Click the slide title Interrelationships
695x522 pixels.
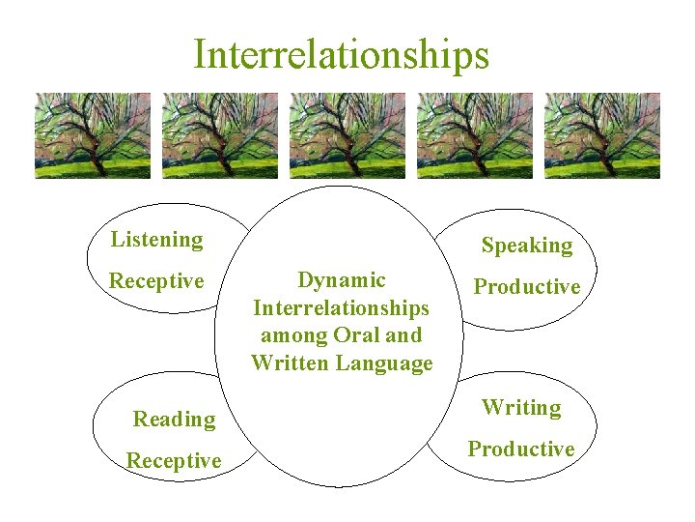coord(341,54)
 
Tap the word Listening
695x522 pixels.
coord(156,240)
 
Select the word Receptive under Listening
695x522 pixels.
coord(156,281)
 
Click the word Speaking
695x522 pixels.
coord(527,246)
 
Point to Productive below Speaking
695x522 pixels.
coord(527,287)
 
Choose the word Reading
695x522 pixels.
coord(174,420)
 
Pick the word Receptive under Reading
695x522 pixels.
coord(174,461)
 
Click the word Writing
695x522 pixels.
coord(521,408)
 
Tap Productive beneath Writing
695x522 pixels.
coord(521,449)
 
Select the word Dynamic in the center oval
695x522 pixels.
coord(342,280)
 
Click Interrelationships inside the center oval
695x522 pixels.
coord(342,308)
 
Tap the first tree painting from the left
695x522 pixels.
coord(93,135)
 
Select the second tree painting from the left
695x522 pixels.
coord(220,135)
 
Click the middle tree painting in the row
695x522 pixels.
coord(347,135)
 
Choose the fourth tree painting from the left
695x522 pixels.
coord(475,135)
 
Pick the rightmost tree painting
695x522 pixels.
coord(602,135)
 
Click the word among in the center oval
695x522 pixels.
coord(288,336)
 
